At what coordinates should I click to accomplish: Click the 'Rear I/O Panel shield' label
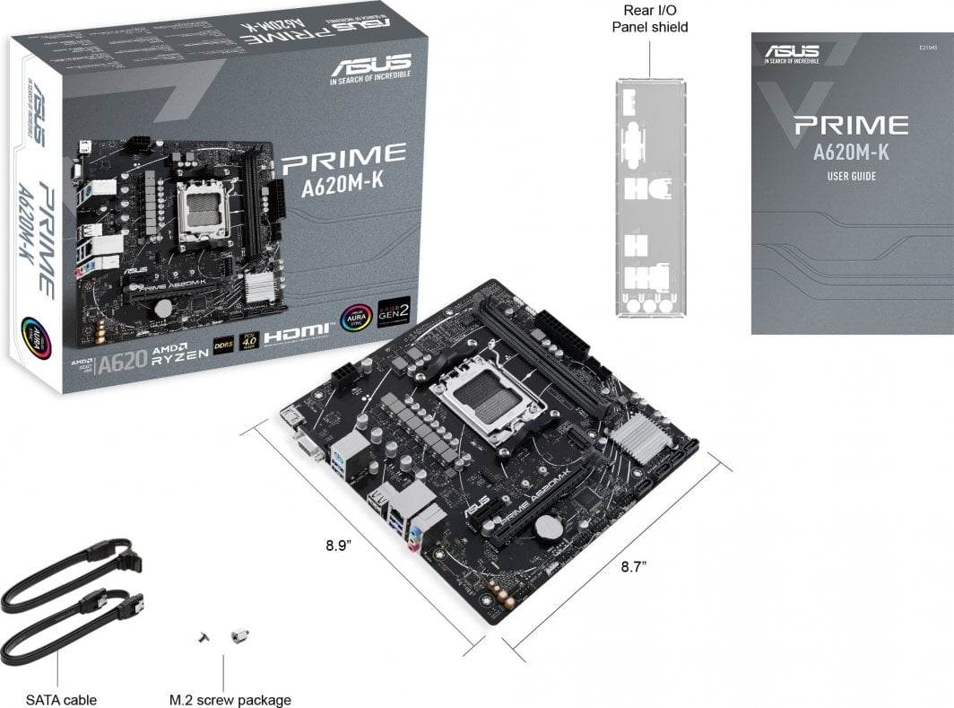(x=649, y=19)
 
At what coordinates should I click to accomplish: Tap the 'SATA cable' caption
(x=61, y=700)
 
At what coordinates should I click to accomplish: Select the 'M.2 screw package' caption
(x=230, y=700)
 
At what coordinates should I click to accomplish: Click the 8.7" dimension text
(x=635, y=566)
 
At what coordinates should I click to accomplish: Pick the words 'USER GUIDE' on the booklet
(x=851, y=176)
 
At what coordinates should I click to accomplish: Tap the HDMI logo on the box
(x=295, y=332)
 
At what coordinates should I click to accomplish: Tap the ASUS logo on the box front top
(x=371, y=66)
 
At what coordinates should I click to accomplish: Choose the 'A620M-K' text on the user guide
(x=851, y=150)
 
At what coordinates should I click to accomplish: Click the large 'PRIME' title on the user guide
(x=851, y=125)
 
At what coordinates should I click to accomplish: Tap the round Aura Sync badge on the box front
(x=355, y=319)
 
